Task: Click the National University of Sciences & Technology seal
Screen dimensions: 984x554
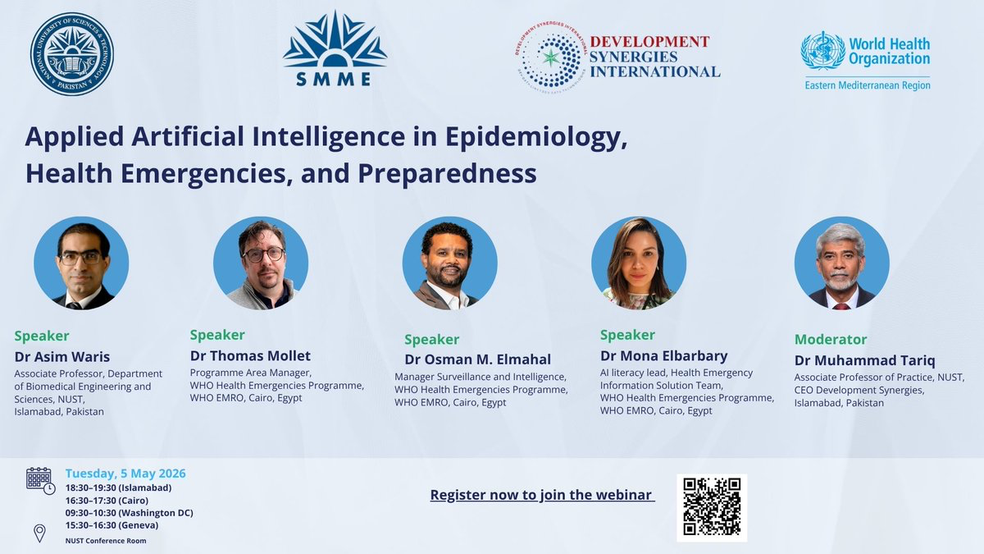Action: coord(72,53)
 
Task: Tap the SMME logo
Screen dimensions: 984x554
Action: coord(335,48)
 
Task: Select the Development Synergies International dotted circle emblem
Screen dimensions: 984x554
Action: coord(551,57)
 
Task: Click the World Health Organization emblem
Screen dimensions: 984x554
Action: coord(822,51)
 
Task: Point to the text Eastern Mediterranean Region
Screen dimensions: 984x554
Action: coord(868,85)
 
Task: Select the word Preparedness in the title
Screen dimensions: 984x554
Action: coord(447,174)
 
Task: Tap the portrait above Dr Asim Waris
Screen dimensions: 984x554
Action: coord(81,263)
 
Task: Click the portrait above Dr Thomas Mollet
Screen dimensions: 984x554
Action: coord(261,263)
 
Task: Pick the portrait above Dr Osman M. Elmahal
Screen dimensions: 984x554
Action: coord(450,263)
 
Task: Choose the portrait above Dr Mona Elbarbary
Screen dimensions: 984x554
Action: coord(639,263)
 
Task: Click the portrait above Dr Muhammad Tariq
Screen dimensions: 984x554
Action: coord(841,263)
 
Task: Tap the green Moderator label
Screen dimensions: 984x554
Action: coord(831,340)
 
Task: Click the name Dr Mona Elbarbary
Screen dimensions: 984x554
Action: coord(663,355)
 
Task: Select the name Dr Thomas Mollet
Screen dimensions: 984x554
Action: coord(250,355)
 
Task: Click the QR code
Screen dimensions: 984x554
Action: coord(712,508)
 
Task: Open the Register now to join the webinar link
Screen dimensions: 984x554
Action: coord(543,495)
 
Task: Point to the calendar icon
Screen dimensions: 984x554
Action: coord(40,481)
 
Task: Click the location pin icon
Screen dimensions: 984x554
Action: coord(39,533)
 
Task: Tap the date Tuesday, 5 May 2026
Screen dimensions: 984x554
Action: coord(125,474)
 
